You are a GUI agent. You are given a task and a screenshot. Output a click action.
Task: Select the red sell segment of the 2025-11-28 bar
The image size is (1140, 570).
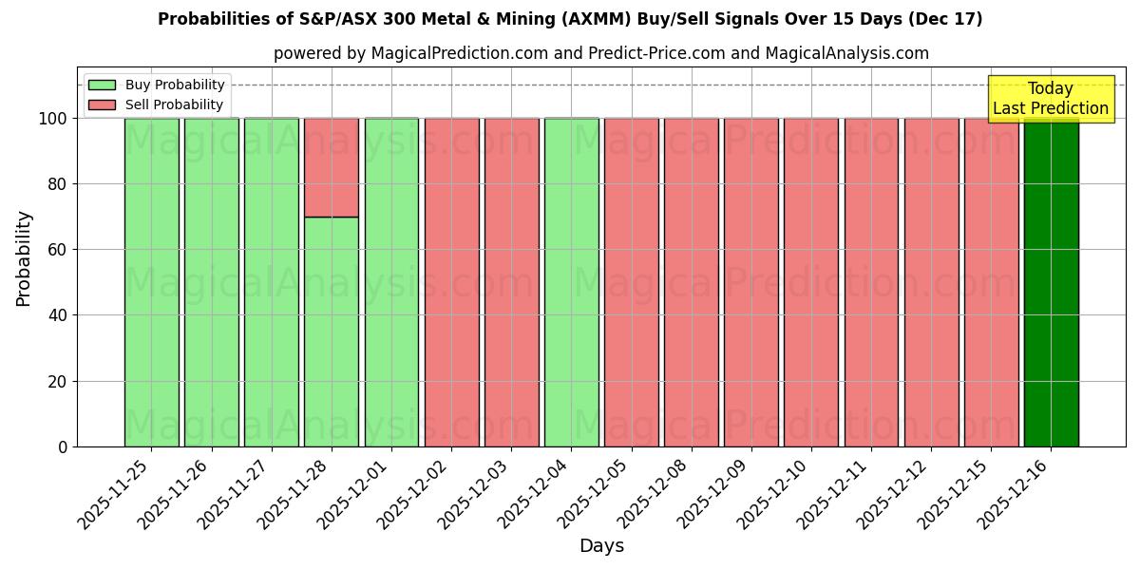(332, 167)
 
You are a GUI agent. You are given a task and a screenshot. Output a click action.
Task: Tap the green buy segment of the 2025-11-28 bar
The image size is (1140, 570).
(332, 332)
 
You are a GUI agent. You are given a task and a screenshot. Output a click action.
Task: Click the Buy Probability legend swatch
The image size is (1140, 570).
(102, 85)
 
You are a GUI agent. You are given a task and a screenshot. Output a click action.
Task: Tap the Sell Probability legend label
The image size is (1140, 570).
(174, 104)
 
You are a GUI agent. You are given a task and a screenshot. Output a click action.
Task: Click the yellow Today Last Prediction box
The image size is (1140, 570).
(1050, 99)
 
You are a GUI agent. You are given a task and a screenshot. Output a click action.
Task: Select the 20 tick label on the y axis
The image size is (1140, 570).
(59, 382)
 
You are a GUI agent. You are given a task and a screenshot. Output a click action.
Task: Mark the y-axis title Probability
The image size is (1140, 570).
(24, 258)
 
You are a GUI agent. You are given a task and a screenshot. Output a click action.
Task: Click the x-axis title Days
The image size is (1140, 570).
(601, 546)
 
